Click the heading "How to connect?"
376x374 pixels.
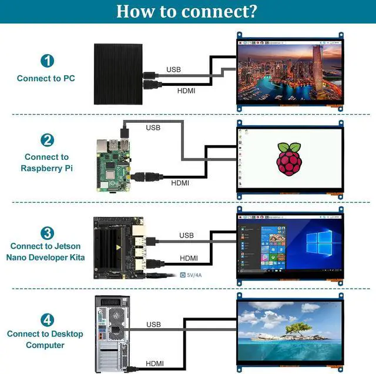pos(186,12)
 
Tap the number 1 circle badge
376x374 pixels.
pos(47,61)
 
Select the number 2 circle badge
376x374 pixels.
pos(47,140)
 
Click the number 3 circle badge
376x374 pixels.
pos(47,233)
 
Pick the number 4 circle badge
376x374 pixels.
pos(47,320)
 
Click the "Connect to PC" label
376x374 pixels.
pos(46,78)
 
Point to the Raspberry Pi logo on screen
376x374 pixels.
pos(287,158)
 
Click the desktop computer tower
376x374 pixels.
pos(112,332)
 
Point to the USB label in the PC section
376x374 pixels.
pos(173,69)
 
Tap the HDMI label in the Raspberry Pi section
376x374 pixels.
pos(180,183)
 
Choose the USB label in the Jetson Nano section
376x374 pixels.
pos(186,235)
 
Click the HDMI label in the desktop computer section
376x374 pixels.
pos(155,363)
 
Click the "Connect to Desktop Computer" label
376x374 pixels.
pos(45,339)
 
